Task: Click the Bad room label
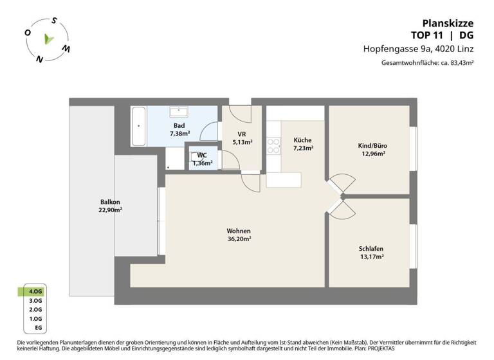(179, 125)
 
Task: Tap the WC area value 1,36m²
(202, 163)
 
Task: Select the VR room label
(242, 134)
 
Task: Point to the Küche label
(302, 139)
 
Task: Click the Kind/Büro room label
(372, 145)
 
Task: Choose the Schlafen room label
(371, 248)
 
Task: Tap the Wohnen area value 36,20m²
(238, 239)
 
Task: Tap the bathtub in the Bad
(138, 126)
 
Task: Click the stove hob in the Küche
(273, 147)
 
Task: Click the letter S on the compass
(54, 20)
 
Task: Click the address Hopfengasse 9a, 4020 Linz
(426, 49)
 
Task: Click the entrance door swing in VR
(241, 114)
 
